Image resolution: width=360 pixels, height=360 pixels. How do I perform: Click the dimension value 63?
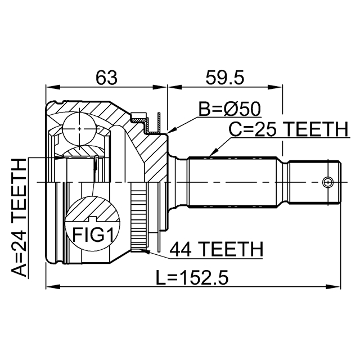pyautogui.click(x=106, y=78)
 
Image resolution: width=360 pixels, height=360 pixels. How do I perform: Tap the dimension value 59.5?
pyautogui.click(x=224, y=78)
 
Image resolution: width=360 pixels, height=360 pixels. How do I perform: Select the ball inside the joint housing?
pyautogui.click(x=79, y=129)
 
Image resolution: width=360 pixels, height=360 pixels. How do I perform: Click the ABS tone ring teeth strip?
pyautogui.click(x=137, y=217)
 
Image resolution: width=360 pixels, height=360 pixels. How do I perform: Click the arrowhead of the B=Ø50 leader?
pyautogui.click(x=168, y=133)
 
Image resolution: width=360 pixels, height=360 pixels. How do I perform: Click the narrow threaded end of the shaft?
pyautogui.click(x=315, y=182)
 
